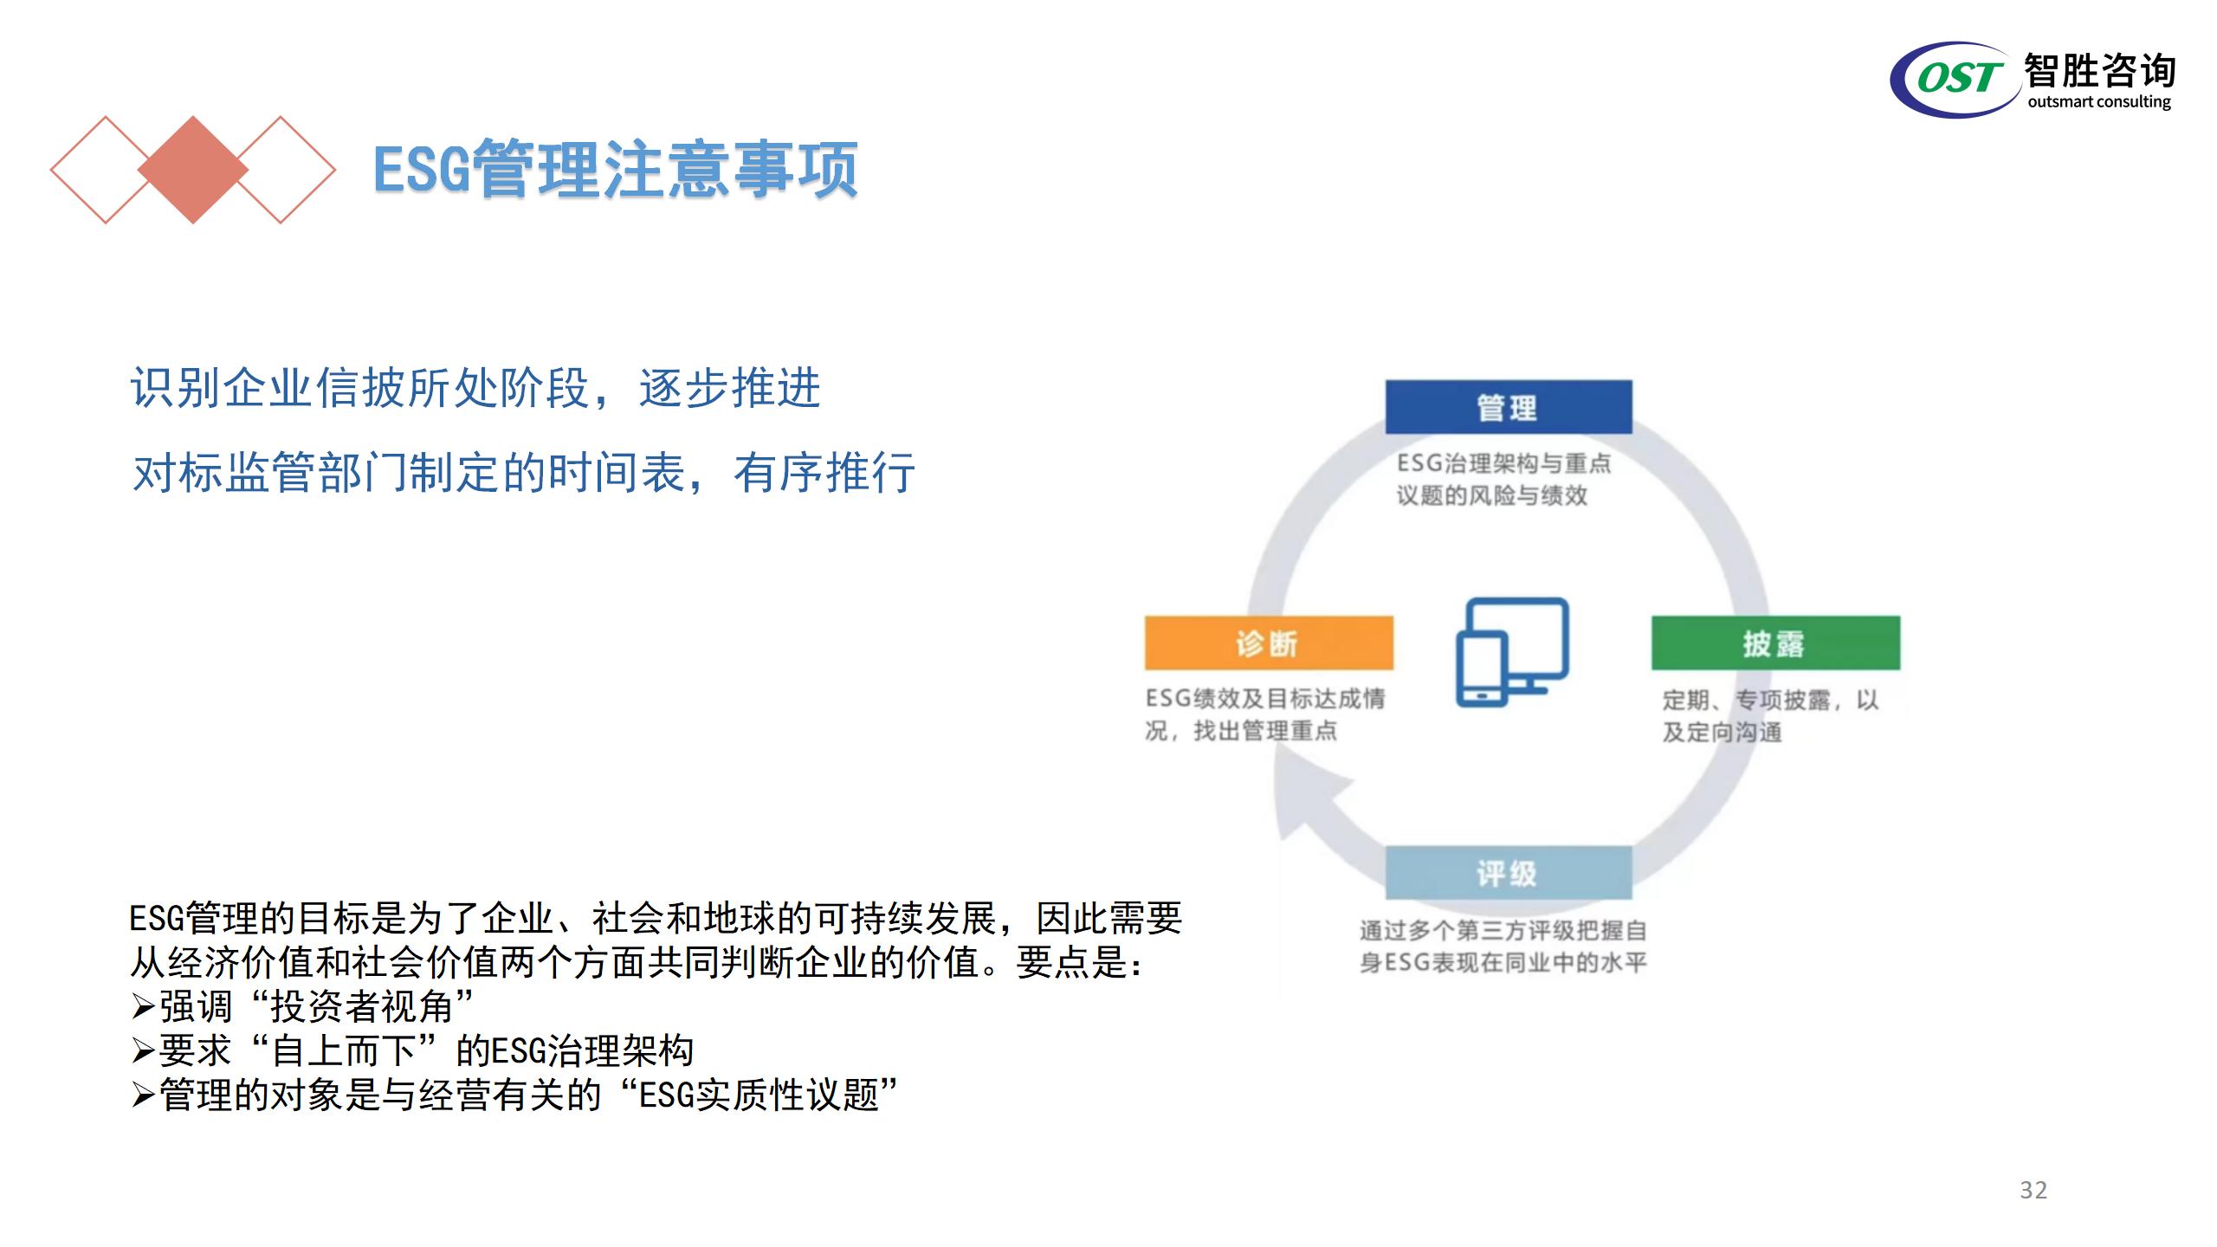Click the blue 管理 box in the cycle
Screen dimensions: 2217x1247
point(1509,407)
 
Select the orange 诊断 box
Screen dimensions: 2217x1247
point(1269,643)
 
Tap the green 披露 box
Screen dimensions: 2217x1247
point(1775,643)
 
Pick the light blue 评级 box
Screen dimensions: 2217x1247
point(1509,873)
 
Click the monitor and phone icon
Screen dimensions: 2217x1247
point(1512,652)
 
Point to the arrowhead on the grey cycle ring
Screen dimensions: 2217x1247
point(1312,801)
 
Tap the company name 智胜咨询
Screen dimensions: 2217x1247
point(2100,69)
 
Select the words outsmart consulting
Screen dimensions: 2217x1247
point(2099,102)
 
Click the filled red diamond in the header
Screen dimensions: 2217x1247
point(192,170)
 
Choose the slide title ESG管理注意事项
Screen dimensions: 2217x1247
point(616,169)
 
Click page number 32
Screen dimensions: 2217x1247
point(2033,1190)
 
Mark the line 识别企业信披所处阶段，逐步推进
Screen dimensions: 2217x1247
point(475,387)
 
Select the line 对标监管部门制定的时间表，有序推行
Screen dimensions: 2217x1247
point(523,473)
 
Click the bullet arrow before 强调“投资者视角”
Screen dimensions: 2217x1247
point(143,1007)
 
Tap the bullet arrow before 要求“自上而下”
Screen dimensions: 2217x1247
point(143,1051)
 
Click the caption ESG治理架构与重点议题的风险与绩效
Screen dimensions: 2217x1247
point(1503,479)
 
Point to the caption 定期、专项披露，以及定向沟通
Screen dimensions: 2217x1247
point(1770,715)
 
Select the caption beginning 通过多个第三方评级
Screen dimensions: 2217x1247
point(1503,947)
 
